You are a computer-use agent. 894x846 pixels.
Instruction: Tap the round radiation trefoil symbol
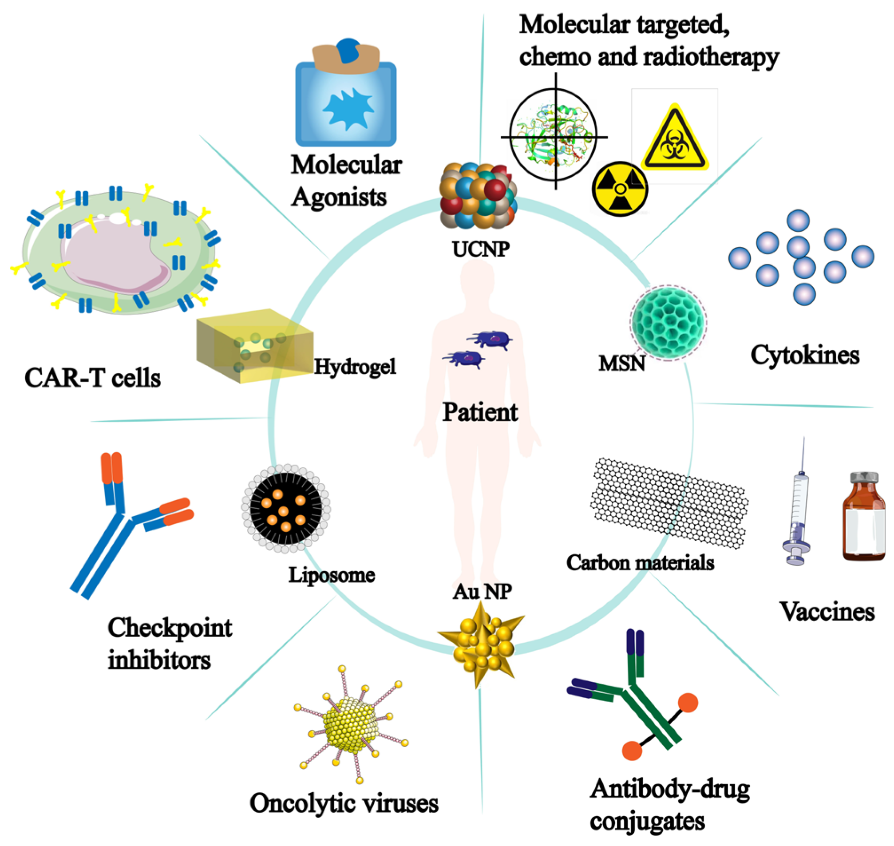pos(620,189)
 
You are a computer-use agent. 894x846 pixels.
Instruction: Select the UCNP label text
pos(481,249)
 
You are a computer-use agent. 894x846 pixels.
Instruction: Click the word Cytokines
pos(805,356)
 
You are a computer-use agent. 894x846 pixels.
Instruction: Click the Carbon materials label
pos(640,563)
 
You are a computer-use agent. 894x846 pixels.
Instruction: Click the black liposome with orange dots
pos(286,508)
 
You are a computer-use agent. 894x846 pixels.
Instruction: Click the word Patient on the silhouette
pos(480,412)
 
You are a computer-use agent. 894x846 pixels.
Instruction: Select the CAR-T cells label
pos(92,378)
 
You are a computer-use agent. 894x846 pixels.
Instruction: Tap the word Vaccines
pos(827,612)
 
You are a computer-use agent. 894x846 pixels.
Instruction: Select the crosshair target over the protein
pos(554,133)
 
